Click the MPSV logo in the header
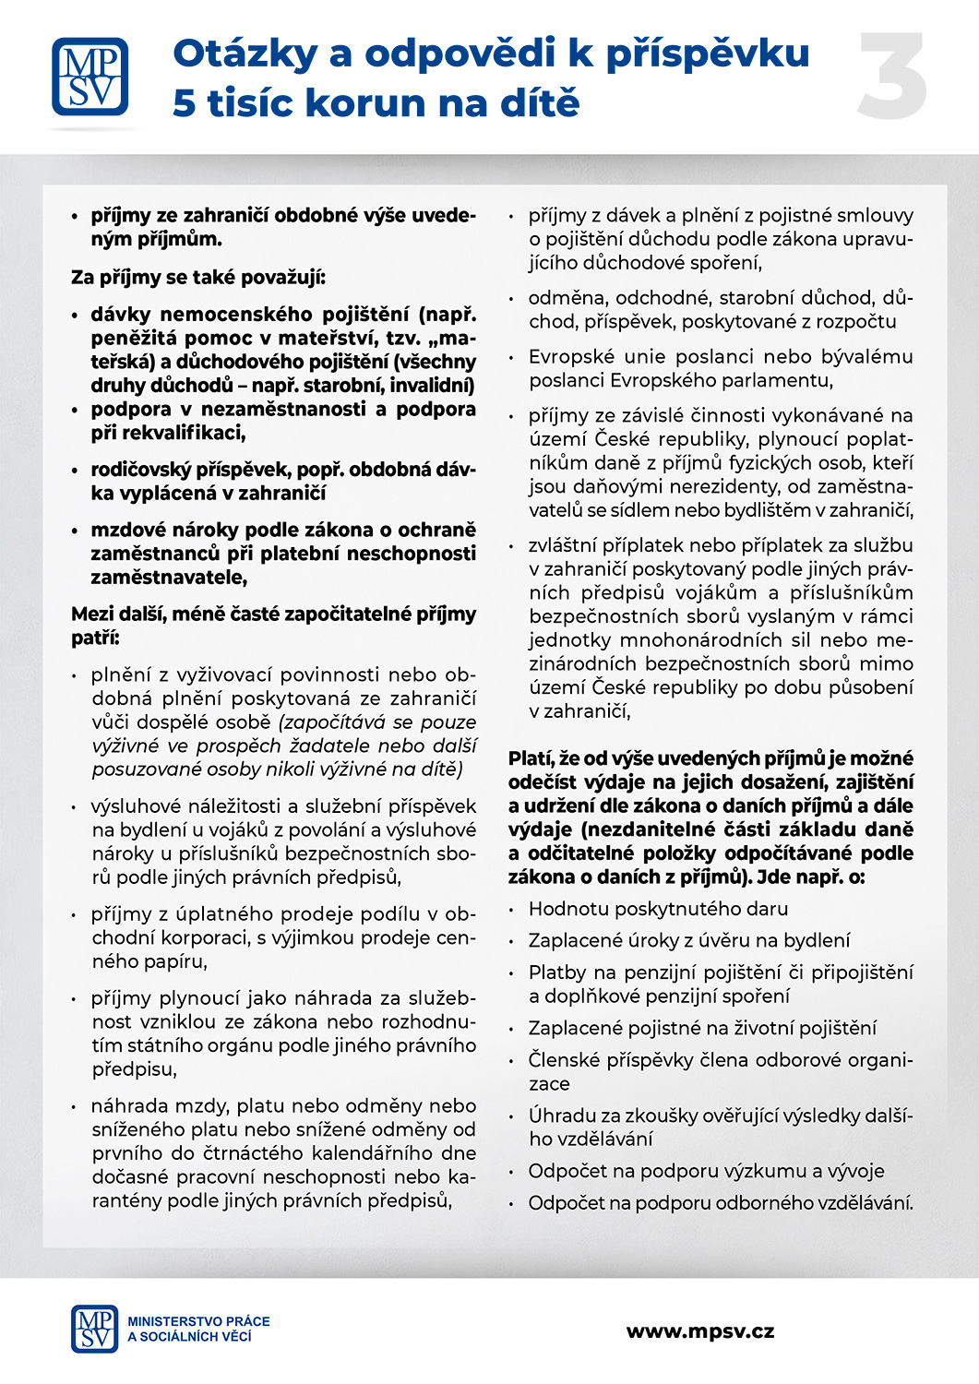90,76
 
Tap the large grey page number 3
891,77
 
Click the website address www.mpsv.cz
699,1331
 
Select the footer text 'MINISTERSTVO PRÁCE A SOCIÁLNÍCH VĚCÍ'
198,1329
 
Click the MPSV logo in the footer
94,1329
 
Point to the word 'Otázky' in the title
245,54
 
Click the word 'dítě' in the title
540,102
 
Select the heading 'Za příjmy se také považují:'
198,277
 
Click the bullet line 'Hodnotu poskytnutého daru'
658,909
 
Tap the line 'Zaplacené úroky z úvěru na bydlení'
689,940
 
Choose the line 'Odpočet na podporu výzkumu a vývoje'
706,1171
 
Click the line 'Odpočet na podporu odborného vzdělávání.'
721,1203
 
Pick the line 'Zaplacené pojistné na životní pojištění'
702,1028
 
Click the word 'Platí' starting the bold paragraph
531,758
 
